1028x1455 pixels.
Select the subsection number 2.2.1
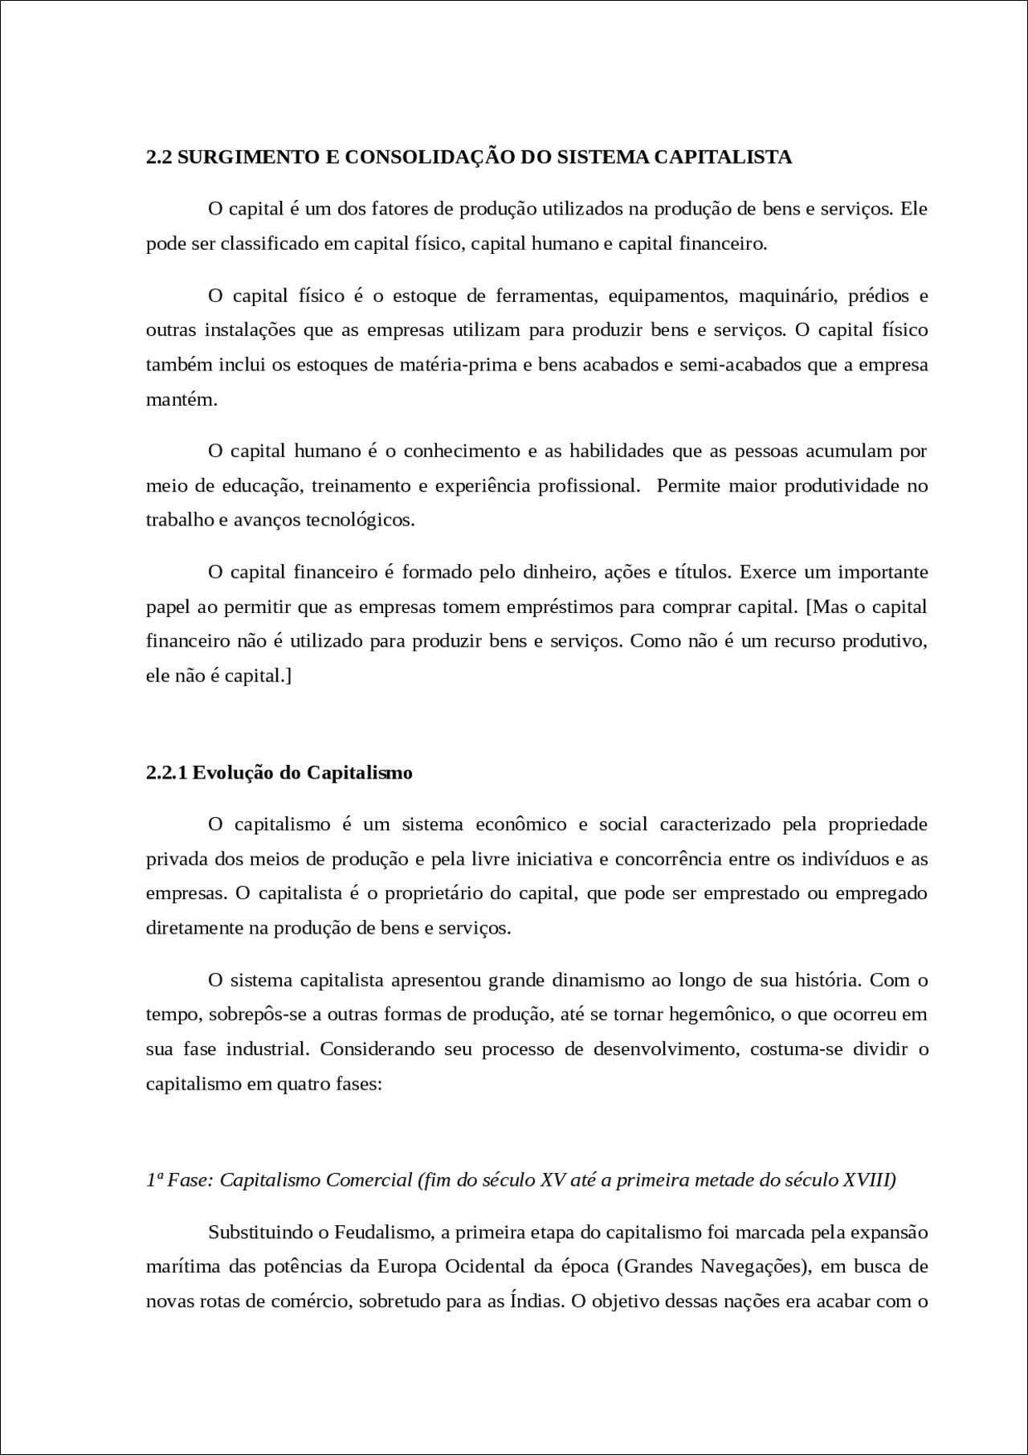coord(166,773)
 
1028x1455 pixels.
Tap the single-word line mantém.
coord(182,400)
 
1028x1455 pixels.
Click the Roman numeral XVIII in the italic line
coord(869,1180)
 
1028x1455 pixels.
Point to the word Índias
coord(536,1302)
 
